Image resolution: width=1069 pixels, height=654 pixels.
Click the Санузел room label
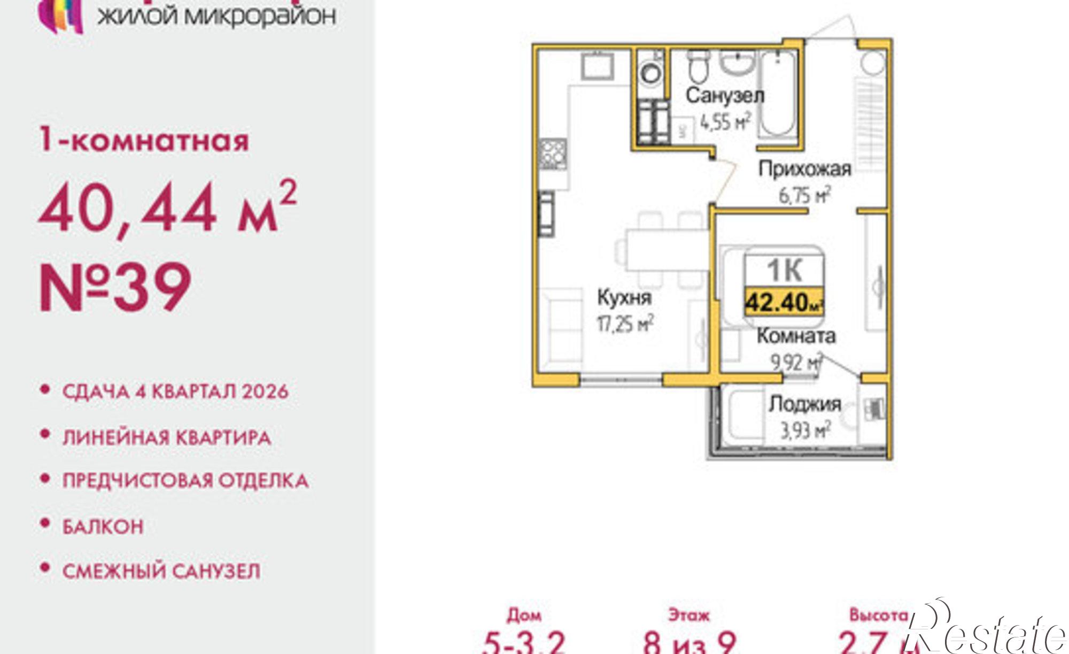pyautogui.click(x=725, y=96)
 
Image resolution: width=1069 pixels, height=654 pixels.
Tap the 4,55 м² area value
pyautogui.click(x=725, y=122)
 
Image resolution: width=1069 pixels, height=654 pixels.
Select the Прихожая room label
pyautogui.click(x=805, y=169)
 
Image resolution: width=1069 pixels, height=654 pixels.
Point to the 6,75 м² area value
pyautogui.click(x=805, y=195)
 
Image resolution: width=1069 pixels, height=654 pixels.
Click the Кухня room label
pyautogui.click(x=624, y=297)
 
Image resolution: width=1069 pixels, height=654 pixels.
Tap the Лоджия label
pyautogui.click(x=805, y=404)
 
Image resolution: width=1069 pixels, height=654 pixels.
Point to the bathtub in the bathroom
pyautogui.click(x=777, y=96)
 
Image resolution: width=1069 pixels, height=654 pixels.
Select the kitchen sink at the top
pyautogui.click(x=598, y=66)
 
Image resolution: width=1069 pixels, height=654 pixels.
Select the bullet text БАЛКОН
pyautogui.click(x=103, y=527)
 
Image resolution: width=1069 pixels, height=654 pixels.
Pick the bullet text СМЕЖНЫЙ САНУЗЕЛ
pyautogui.click(x=161, y=571)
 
